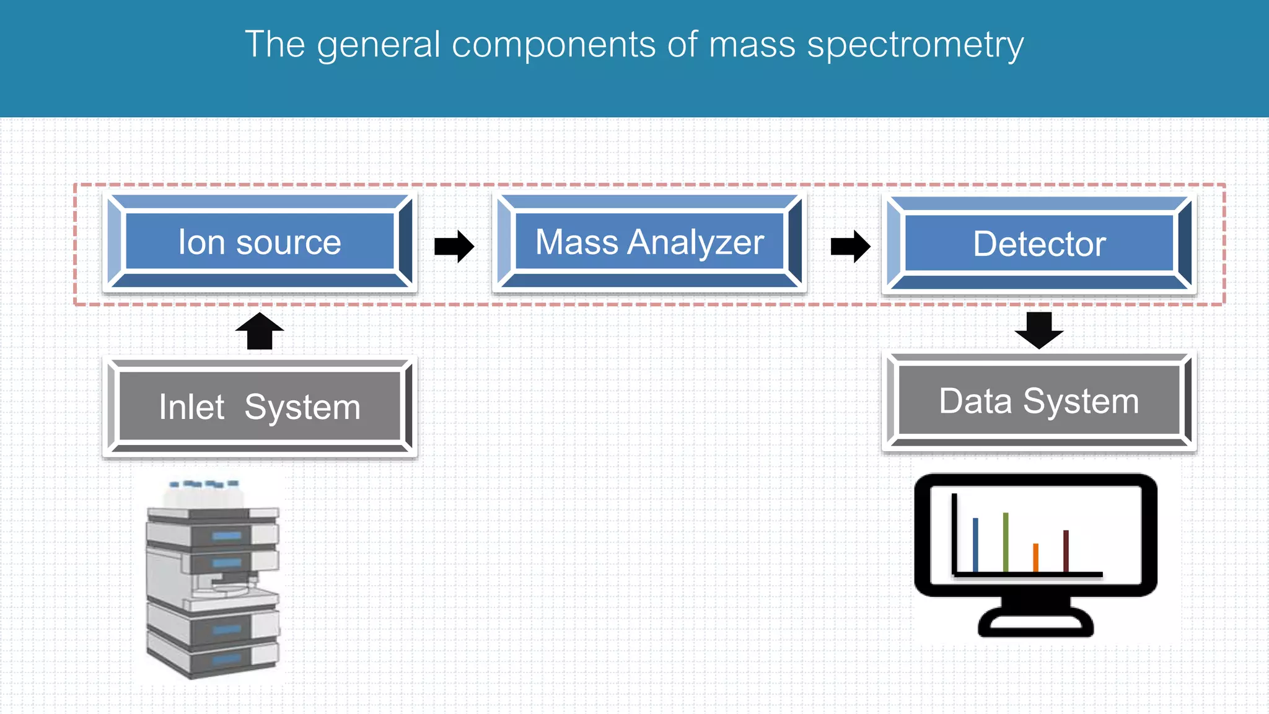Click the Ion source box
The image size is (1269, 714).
coord(260,242)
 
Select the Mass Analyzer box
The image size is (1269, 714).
coord(649,242)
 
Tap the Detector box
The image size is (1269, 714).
coord(1039,244)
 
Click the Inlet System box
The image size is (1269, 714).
coord(260,407)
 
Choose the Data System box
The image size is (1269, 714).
coord(1039,401)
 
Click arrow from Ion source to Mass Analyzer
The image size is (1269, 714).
coord(454,246)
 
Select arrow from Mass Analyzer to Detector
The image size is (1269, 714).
coord(850,246)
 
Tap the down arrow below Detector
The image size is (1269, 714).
coord(1039,330)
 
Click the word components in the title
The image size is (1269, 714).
coord(553,45)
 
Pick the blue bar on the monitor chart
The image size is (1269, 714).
coord(975,544)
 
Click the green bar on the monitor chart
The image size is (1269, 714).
coord(1006,542)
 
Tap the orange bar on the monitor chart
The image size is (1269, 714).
coord(1035,557)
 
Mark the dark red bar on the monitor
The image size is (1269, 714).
coord(1066,550)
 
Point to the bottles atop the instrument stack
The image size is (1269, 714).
coord(204,493)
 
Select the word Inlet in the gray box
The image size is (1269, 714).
coord(191,407)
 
